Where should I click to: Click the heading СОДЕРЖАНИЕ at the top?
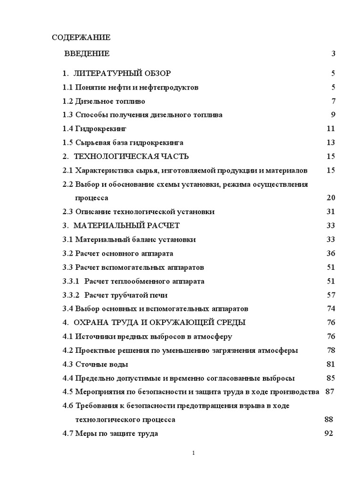(x=81, y=37)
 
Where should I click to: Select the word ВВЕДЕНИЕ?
(x=87, y=54)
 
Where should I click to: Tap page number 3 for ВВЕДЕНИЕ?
(x=333, y=54)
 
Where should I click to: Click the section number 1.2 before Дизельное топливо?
(x=68, y=101)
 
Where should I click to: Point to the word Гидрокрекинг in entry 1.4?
(x=101, y=129)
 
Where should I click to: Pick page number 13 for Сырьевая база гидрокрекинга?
(x=330, y=142)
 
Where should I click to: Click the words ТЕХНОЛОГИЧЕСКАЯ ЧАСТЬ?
(x=132, y=156)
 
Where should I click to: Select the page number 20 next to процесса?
(x=330, y=198)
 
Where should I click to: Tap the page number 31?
(x=330, y=212)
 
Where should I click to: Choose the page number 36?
(x=330, y=253)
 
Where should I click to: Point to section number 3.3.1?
(x=72, y=281)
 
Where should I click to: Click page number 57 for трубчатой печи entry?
(x=330, y=295)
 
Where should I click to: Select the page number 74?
(x=330, y=309)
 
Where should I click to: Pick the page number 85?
(x=330, y=378)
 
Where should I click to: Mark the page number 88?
(x=329, y=419)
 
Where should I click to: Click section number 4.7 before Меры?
(x=68, y=433)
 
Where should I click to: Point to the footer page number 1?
(x=193, y=453)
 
